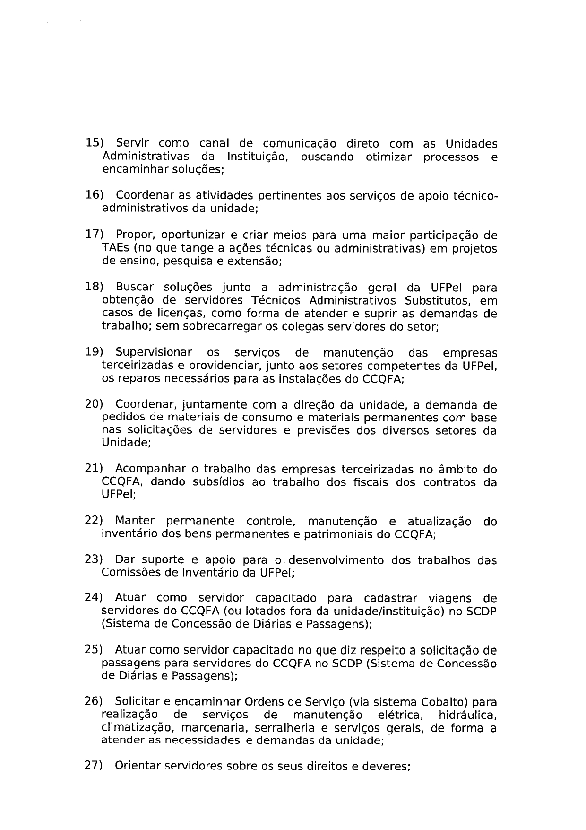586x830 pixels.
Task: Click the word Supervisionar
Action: (154, 352)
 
